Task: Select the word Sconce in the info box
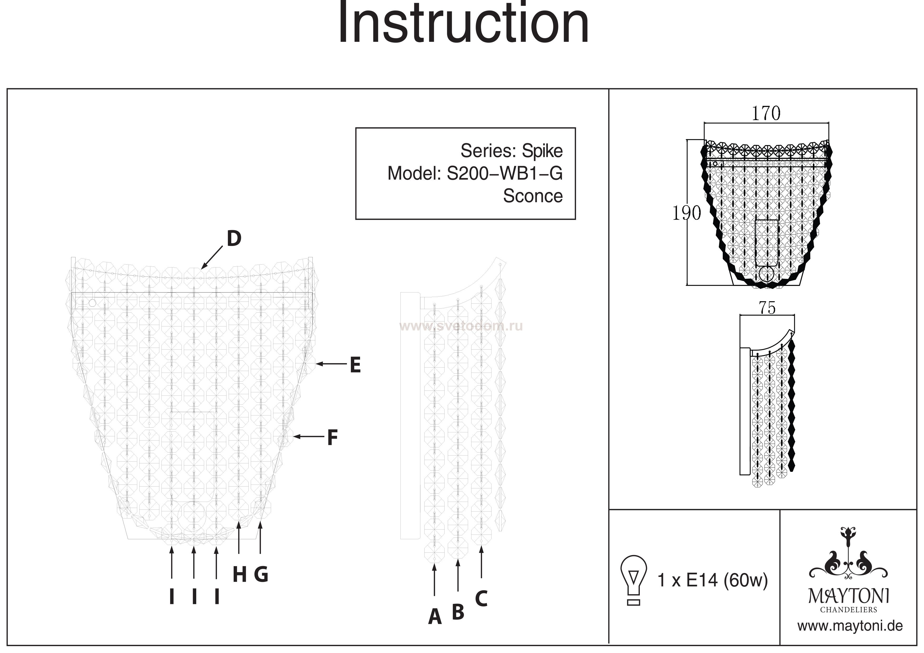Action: pyautogui.click(x=532, y=196)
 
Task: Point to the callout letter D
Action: pyautogui.click(x=234, y=239)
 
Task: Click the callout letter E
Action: pyautogui.click(x=355, y=365)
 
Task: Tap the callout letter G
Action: pyautogui.click(x=261, y=574)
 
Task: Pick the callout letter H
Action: pyautogui.click(x=239, y=575)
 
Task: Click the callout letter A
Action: pyautogui.click(x=435, y=617)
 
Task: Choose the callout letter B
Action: pyautogui.click(x=458, y=612)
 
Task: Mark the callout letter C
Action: pyautogui.click(x=481, y=598)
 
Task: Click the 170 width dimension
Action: pyautogui.click(x=766, y=113)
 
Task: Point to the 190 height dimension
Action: pyautogui.click(x=687, y=213)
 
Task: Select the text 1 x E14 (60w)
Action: pyautogui.click(x=712, y=580)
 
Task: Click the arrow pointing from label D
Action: pyautogui.click(x=212, y=258)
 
